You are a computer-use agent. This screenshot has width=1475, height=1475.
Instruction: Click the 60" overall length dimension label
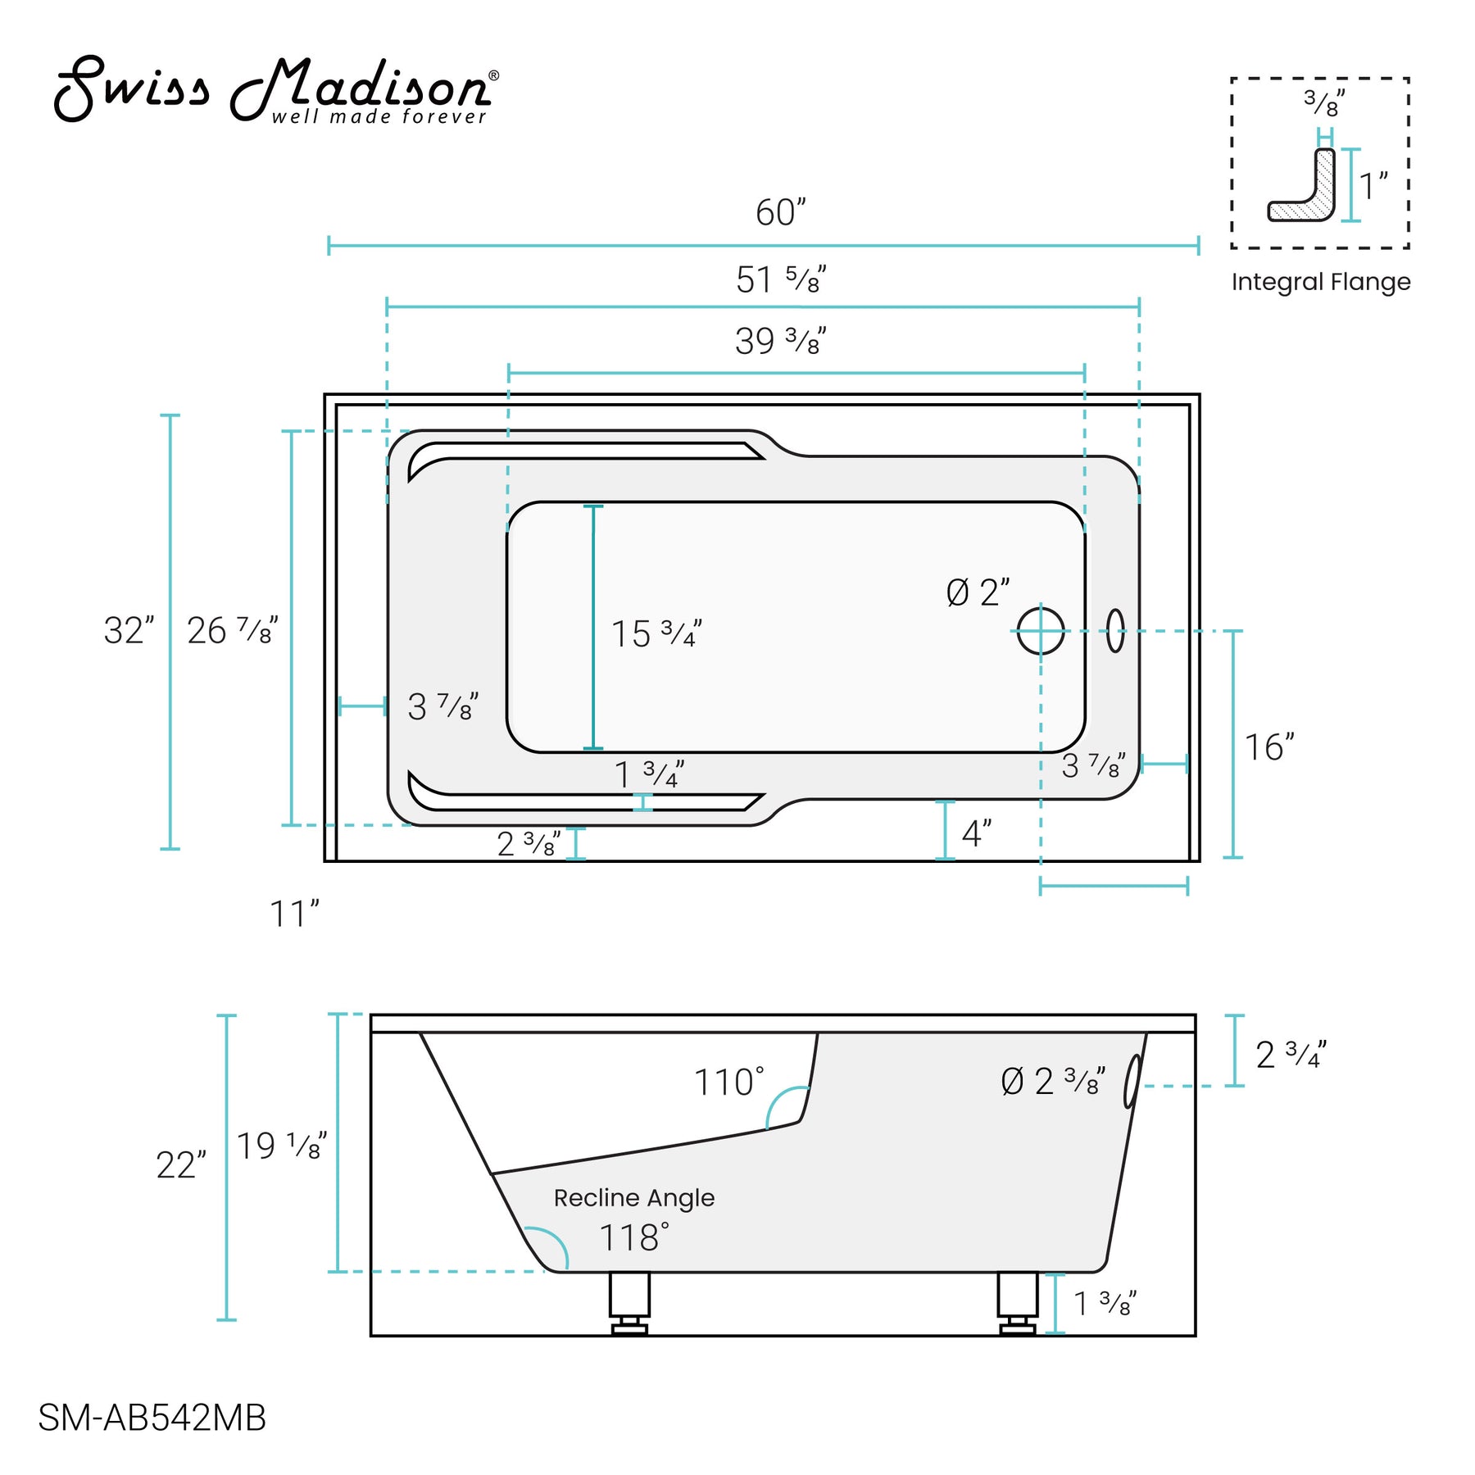point(780,213)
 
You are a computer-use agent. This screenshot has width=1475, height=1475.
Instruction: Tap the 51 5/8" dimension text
point(780,280)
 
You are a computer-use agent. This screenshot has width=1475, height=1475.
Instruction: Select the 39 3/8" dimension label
point(780,342)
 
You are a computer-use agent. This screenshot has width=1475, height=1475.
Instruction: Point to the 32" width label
point(129,631)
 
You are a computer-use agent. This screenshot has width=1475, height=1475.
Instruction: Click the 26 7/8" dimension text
point(232,631)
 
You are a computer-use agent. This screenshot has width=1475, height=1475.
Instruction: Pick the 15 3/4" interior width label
point(656,634)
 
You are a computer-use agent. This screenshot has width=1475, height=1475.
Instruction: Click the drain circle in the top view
point(1041,631)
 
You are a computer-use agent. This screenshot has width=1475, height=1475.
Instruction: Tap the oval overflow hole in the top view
point(1115,631)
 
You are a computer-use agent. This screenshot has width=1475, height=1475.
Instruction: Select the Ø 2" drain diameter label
point(978,593)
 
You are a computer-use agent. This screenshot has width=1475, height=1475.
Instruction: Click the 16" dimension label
point(1268,747)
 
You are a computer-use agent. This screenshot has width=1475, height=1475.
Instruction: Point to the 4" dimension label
point(976,834)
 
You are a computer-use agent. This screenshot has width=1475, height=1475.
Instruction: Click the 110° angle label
point(728,1082)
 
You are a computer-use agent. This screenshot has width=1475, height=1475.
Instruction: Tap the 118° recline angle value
point(633,1237)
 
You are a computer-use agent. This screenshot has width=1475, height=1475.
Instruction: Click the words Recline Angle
point(633,1198)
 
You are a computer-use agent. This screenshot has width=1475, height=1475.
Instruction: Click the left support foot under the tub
point(629,1302)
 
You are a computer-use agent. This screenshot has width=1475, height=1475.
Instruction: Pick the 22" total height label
point(180,1165)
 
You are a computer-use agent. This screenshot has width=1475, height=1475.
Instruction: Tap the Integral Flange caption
point(1320,282)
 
